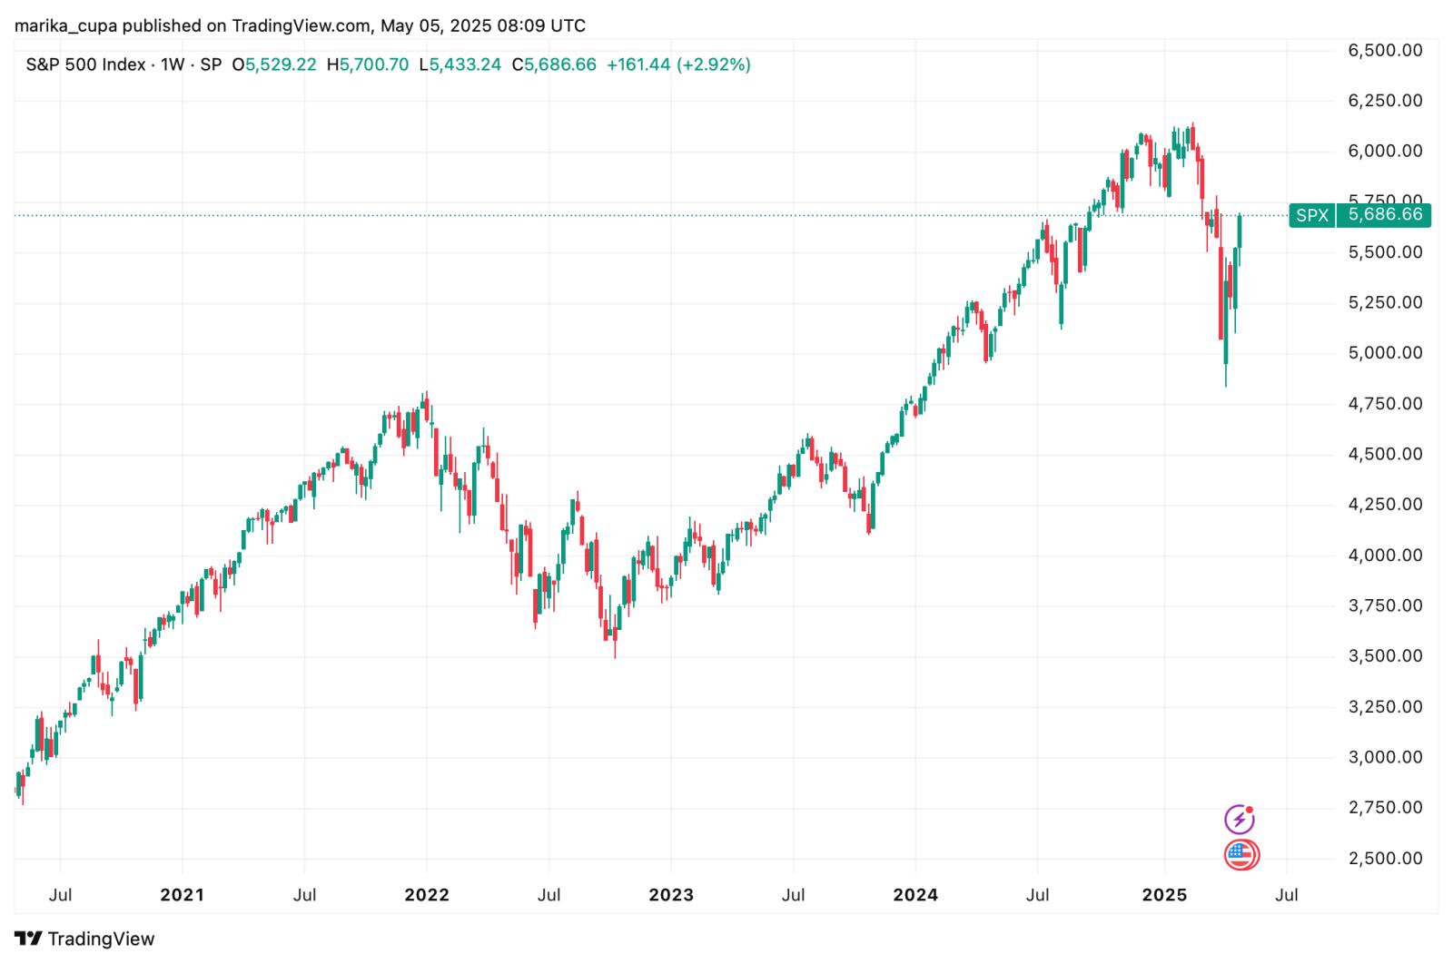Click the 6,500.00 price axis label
[1385, 51]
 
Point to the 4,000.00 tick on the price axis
[1385, 555]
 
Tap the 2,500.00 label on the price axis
[1385, 858]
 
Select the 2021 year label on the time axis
[182, 895]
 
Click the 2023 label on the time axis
[671, 895]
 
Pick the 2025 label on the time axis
[1164, 895]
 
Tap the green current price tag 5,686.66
[1385, 215]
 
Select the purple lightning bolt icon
[1240, 820]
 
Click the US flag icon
[1240, 855]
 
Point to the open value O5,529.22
[274, 64]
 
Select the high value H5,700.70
[367, 64]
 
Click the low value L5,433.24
[460, 64]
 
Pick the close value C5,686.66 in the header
[554, 64]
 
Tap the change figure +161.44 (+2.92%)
[678, 64]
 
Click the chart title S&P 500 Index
[85, 64]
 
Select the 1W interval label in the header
[173, 64]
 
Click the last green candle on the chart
[1240, 231]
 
